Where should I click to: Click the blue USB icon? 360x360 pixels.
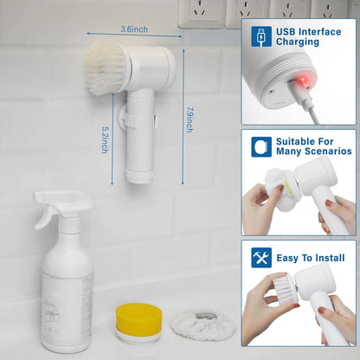[261, 35]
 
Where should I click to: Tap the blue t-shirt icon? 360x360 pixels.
[261, 146]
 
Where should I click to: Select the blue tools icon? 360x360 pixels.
[261, 258]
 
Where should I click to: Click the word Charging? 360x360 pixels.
[299, 42]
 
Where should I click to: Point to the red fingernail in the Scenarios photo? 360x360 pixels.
[329, 203]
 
